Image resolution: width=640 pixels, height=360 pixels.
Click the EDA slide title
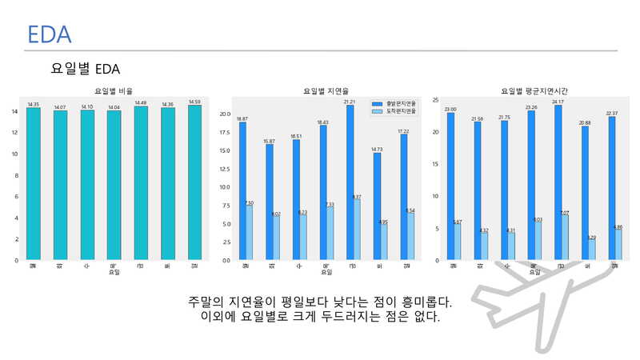pos(49,34)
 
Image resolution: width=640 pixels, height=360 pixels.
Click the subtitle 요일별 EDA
pos(85,69)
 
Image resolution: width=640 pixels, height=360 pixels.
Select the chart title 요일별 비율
pos(114,92)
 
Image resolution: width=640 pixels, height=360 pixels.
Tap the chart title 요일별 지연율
pos(326,92)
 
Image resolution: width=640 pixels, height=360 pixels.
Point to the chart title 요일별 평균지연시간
pos(534,92)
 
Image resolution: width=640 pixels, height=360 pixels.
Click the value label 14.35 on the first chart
pos(33,105)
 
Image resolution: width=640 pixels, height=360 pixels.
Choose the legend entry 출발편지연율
pos(401,103)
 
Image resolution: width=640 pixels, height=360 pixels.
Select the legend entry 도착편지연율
pos(401,111)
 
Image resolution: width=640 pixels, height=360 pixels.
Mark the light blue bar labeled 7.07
pos(565,238)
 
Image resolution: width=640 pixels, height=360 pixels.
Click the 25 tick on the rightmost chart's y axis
pos(434,100)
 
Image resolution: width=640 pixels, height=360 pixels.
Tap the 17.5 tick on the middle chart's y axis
pos(225,132)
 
